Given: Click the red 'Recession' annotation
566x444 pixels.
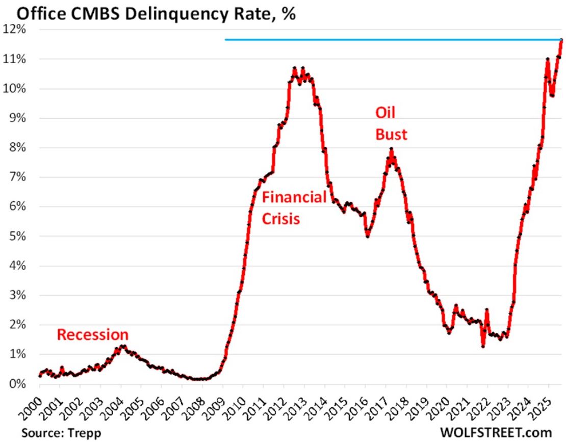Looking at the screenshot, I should (92, 335).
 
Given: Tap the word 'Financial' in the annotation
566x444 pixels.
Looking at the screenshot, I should (294, 198).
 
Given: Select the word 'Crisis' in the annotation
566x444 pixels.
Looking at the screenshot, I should (280, 220).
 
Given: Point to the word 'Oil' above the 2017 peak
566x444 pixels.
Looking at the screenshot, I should (385, 112).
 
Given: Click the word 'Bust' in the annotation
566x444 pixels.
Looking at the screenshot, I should (391, 134).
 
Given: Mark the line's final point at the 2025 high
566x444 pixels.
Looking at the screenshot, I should (561, 40).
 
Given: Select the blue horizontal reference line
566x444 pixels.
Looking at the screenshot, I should (393, 39).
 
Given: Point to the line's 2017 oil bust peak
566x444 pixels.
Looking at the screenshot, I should (391, 149).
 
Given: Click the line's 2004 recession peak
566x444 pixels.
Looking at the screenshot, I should (122, 346).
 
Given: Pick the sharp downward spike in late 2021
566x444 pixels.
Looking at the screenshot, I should (483, 346).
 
